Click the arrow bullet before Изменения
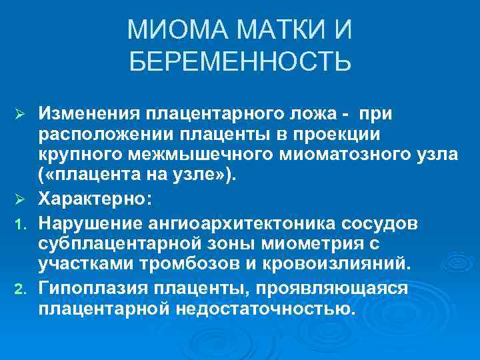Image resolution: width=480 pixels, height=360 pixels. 20,115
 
